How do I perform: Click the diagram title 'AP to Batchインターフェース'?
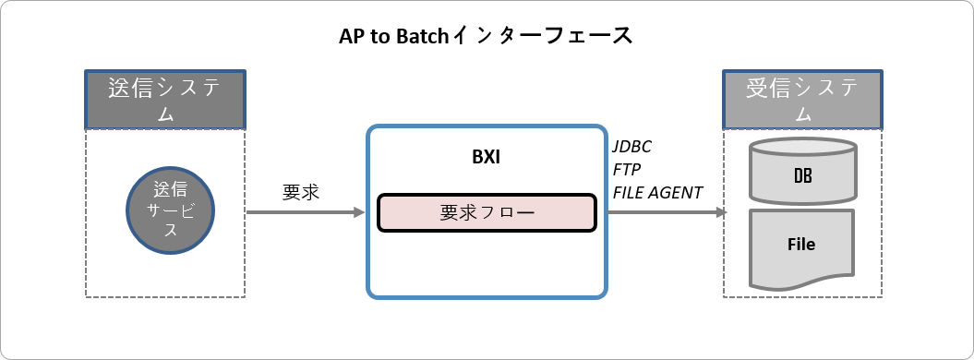coord(486,36)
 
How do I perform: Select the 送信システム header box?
coord(165,99)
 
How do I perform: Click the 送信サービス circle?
coord(169,210)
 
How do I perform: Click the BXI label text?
coord(486,157)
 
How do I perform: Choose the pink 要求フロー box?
coord(486,212)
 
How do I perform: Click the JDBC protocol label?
coord(632,148)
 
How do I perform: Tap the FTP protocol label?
coord(627,170)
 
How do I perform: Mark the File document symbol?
coord(801,245)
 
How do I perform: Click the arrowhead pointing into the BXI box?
coord(360,212)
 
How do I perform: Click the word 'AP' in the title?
coord(351,36)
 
